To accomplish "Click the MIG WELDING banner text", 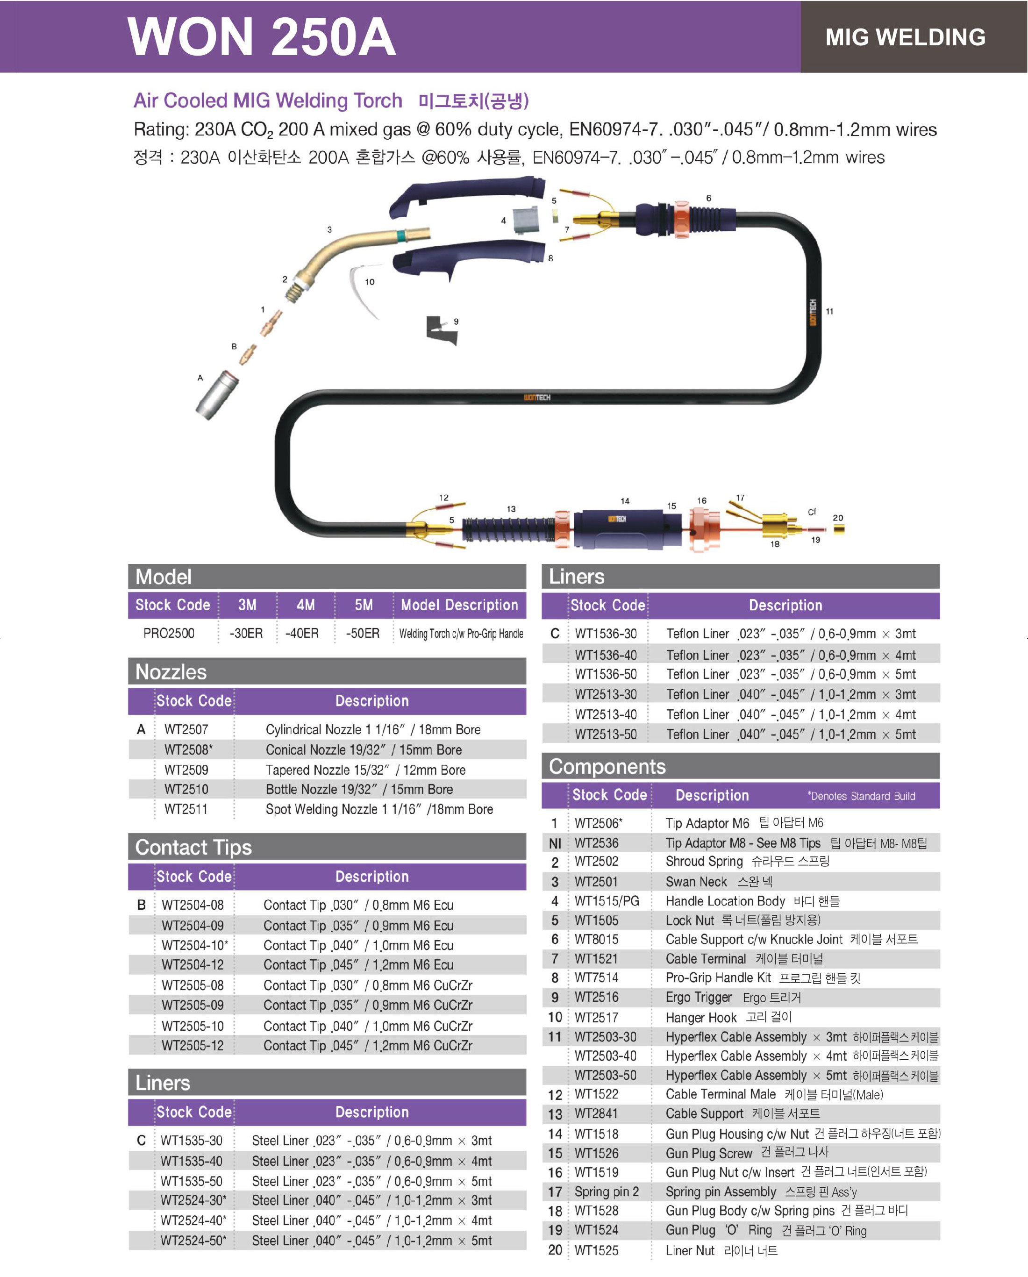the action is (906, 37).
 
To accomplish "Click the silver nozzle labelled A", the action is (217, 395).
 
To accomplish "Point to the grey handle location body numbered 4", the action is (525, 221).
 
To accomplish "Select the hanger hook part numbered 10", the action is (363, 290).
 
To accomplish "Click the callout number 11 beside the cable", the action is (829, 312).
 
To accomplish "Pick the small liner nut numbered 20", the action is (838, 529).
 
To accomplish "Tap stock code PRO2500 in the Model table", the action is (169, 633).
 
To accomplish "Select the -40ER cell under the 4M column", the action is (302, 633).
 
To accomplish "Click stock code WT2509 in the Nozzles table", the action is (186, 770).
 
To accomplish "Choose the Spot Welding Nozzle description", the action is (379, 809).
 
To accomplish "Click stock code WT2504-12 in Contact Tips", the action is (193, 965).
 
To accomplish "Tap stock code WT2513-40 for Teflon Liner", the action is (606, 714).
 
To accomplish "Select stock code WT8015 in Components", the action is (596, 939).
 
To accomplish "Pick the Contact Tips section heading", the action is (193, 848).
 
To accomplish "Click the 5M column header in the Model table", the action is (364, 605).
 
